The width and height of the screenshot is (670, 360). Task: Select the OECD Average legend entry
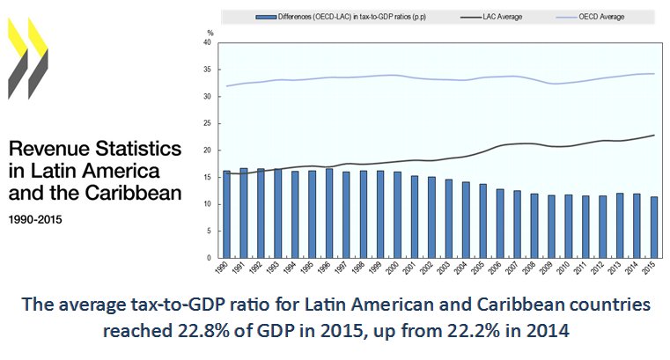(x=585, y=16)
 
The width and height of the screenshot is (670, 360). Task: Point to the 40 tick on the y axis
(x=208, y=41)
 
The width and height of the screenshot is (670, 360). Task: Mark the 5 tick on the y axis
(x=210, y=231)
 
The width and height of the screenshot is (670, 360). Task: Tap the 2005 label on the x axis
(x=481, y=269)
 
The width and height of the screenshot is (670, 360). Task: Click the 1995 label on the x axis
(x=312, y=269)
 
